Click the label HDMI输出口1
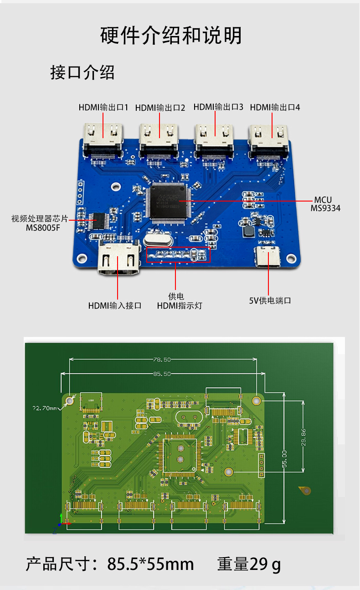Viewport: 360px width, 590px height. pyautogui.click(x=103, y=108)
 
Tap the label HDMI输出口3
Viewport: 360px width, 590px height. pyautogui.click(x=218, y=107)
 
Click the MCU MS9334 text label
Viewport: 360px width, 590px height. pyautogui.click(x=325, y=204)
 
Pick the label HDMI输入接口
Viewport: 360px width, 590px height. pyautogui.click(x=115, y=305)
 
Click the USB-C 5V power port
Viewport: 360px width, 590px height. pyautogui.click(x=268, y=258)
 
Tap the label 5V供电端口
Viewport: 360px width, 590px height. pyautogui.click(x=270, y=300)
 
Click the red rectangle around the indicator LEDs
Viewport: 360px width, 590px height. pyautogui.click(x=178, y=254)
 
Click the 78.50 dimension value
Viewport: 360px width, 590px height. pyautogui.click(x=162, y=360)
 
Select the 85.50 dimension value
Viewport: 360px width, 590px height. pyautogui.click(x=162, y=373)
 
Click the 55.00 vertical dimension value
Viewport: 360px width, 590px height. pyautogui.click(x=284, y=459)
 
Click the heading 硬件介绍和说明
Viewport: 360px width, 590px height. pyautogui.click(x=171, y=36)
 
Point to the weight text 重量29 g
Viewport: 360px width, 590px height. pyautogui.click(x=249, y=564)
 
